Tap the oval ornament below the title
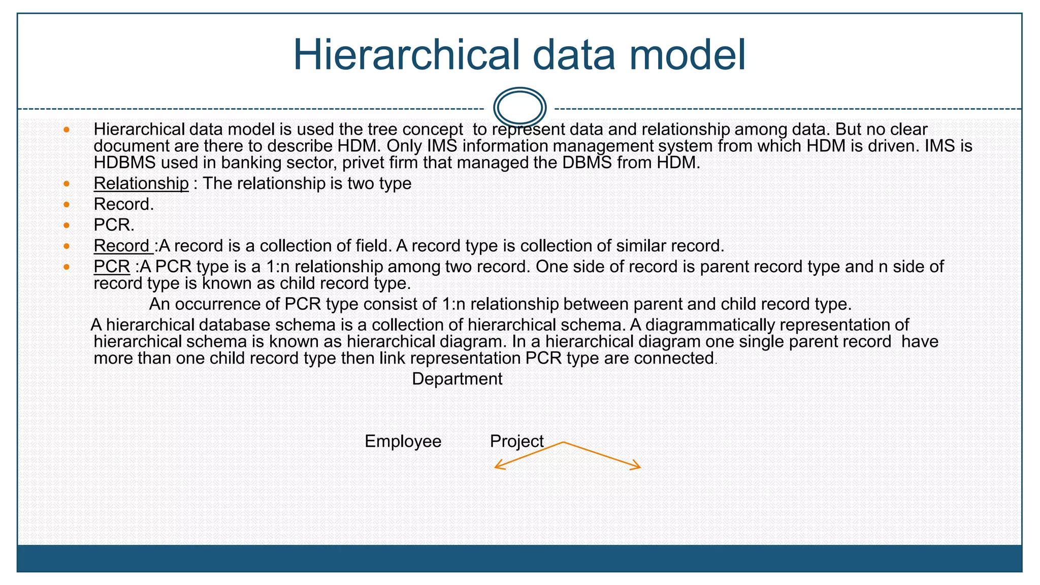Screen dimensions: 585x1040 pyautogui.click(x=519, y=108)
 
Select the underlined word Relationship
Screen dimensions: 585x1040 pyautogui.click(x=141, y=183)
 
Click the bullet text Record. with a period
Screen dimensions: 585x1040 pyautogui.click(x=123, y=204)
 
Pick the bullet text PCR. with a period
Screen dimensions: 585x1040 pyautogui.click(x=114, y=225)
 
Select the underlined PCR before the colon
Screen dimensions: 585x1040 pyautogui.click(x=112, y=267)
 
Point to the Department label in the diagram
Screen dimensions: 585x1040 pyautogui.click(x=457, y=379)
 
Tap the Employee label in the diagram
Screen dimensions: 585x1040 pyautogui.click(x=403, y=441)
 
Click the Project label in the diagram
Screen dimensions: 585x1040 pyautogui.click(x=516, y=441)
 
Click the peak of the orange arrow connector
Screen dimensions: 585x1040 pyautogui.click(x=563, y=442)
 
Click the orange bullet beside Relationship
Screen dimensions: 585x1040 pyautogui.click(x=67, y=183)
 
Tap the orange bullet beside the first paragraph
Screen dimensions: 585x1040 pyautogui.click(x=67, y=130)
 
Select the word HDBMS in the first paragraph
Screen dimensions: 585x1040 pyautogui.click(x=124, y=163)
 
